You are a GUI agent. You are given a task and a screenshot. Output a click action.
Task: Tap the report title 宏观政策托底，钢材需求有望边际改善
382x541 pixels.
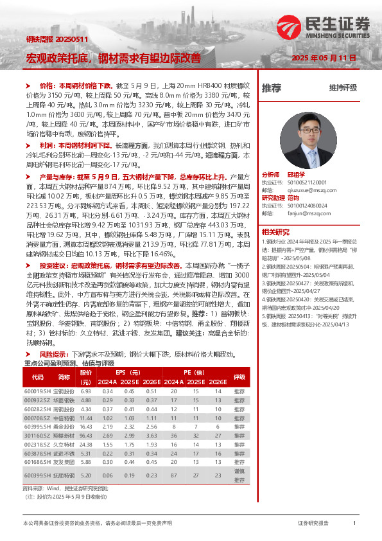(113, 58)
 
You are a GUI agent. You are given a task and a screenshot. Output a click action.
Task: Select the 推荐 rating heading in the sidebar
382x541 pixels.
(272, 87)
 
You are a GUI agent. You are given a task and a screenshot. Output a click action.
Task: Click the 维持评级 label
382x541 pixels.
(343, 87)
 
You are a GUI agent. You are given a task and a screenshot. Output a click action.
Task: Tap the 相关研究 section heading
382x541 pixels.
(275, 231)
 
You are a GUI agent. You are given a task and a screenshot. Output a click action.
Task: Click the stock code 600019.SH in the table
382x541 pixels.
(37, 391)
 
